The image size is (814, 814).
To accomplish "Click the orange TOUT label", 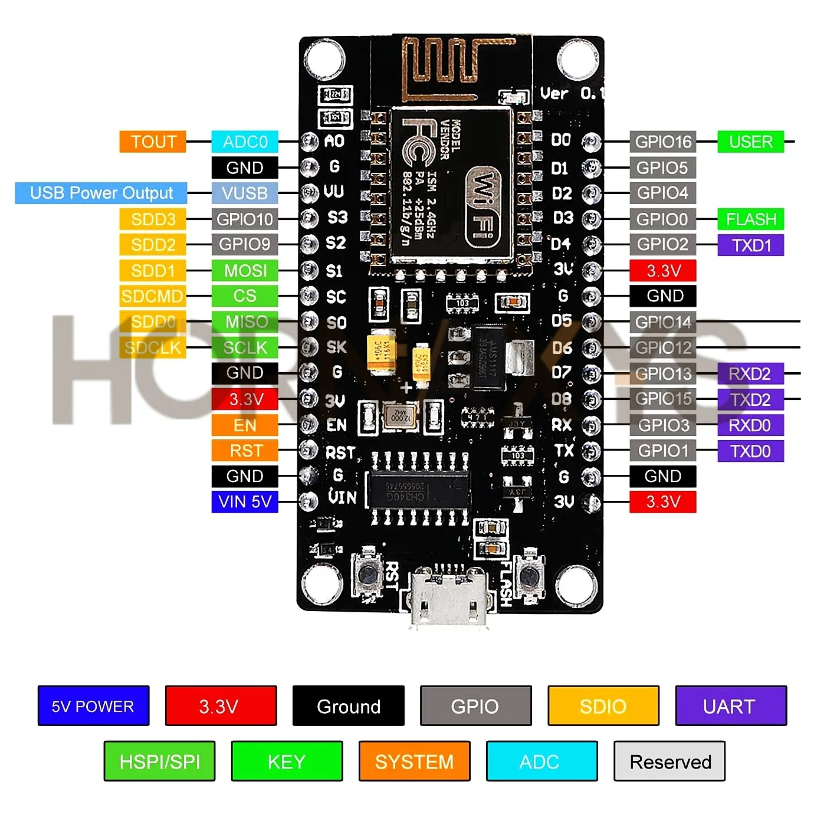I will [153, 142].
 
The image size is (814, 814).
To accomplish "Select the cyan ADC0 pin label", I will [245, 142].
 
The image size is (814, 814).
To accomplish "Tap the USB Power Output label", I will [101, 193].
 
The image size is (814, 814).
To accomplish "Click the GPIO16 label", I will [662, 142].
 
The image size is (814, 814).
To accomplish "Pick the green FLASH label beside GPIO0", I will [750, 219].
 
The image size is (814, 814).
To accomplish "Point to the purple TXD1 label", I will [750, 245].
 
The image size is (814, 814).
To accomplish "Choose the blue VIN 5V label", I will [245, 502].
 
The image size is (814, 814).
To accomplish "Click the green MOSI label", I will [245, 271].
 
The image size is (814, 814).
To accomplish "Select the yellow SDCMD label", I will [153, 296].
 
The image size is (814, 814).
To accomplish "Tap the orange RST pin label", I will [245, 451].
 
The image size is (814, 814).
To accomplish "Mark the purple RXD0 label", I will [750, 425].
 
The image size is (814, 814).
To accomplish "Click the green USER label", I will [750, 142].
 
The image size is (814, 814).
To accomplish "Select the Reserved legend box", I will [669, 762].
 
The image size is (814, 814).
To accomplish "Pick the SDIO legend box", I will [603, 706].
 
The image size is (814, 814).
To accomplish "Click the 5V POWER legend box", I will [93, 706].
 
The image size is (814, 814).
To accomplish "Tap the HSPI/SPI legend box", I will [159, 762].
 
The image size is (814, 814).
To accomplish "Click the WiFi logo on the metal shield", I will [483, 206].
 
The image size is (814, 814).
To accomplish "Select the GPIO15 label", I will [662, 399].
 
